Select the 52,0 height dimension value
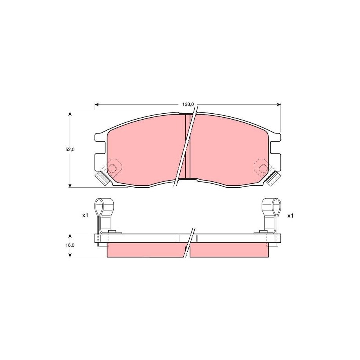(70, 150)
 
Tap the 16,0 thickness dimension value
(70, 245)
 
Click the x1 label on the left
(85, 216)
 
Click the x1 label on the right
(290, 216)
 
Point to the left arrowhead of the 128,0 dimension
(97, 105)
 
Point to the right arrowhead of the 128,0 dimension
(279, 105)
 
